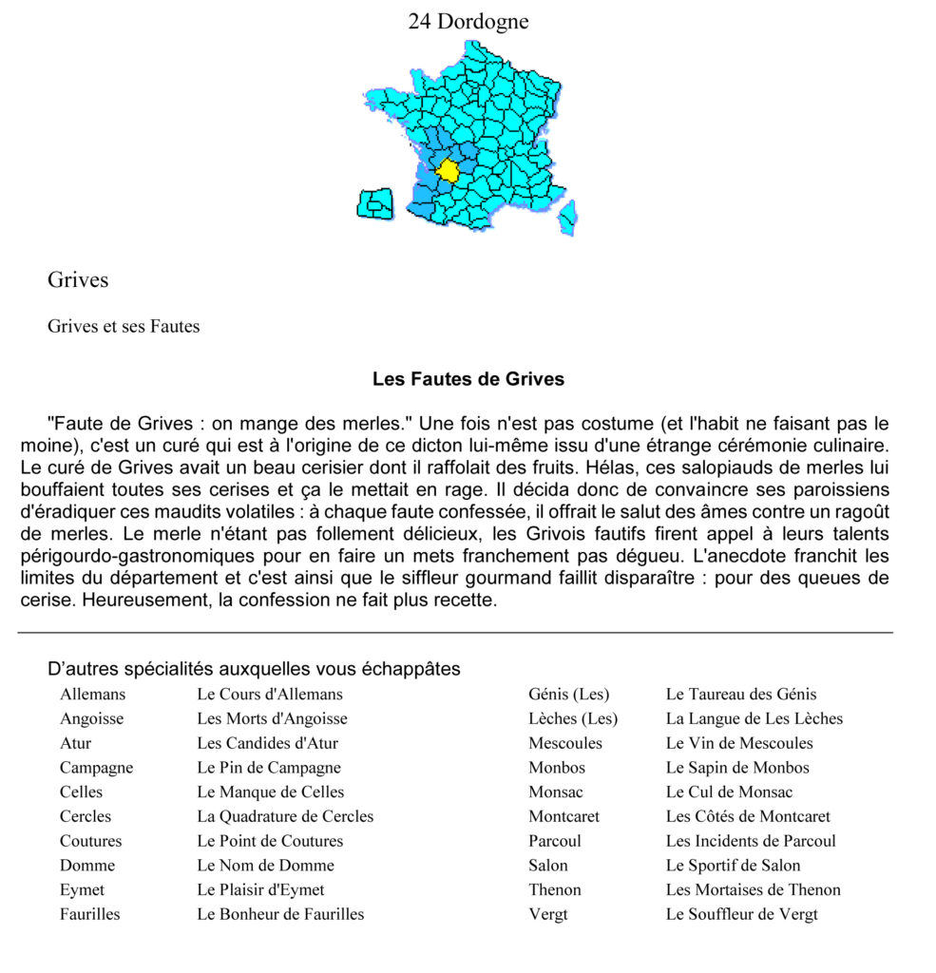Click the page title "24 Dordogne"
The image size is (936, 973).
[x=468, y=21]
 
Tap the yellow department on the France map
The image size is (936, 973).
[x=447, y=171]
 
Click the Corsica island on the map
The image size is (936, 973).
[x=567, y=218]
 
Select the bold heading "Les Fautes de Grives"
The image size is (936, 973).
[x=468, y=379]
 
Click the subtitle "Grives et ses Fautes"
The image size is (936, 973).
[x=124, y=326]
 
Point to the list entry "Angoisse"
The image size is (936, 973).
[x=91, y=718]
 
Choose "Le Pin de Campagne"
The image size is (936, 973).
[x=268, y=767]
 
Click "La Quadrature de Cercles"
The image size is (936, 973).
[x=285, y=816]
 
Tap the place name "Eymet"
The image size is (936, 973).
[x=82, y=889]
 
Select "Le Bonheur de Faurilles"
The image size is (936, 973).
[x=280, y=914]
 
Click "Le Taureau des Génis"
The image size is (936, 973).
[x=741, y=694]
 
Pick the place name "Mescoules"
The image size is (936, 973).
[x=564, y=743]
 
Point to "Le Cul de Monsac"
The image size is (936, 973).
[x=729, y=792]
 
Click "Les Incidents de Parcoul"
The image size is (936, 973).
[x=751, y=841]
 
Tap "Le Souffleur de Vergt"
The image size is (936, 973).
[x=741, y=914]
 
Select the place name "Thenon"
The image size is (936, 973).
[x=554, y=889]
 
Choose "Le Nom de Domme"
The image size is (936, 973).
[x=265, y=865]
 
